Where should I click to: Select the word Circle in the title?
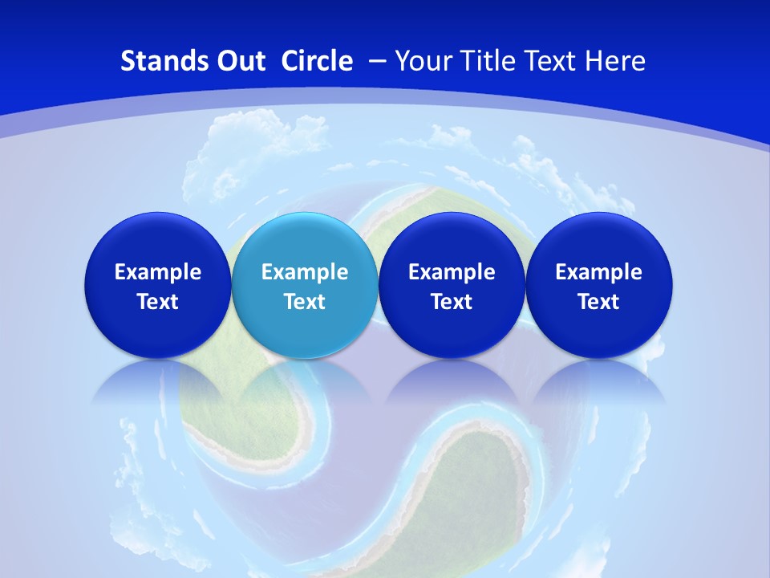click(x=317, y=61)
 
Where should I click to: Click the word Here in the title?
click(x=616, y=61)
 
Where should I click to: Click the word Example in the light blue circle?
click(x=305, y=272)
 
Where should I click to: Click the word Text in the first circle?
click(x=157, y=302)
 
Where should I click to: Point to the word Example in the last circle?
click(x=599, y=272)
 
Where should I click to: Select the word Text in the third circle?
click(x=452, y=302)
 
